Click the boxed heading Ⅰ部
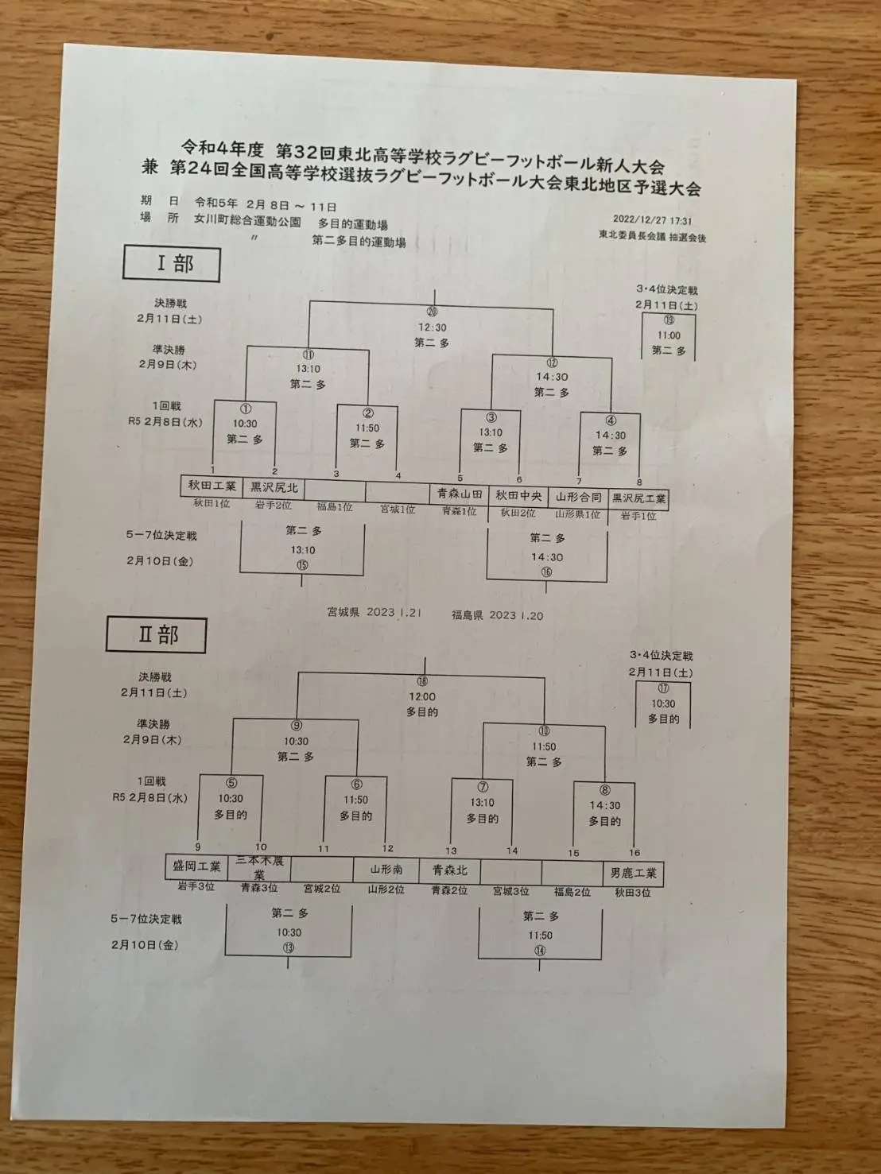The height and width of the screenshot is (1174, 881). coord(171,263)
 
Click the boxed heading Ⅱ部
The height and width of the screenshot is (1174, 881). coord(157,635)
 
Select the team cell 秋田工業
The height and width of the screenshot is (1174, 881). coord(212,486)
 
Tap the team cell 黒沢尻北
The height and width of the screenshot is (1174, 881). coord(274,487)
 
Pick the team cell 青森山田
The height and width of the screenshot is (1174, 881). coord(459,494)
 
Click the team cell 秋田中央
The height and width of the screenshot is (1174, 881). coord(518,496)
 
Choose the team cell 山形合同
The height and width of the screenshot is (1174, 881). coord(578,498)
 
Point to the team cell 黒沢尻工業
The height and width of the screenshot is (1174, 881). coord(638,499)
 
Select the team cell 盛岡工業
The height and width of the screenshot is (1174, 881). coord(196,866)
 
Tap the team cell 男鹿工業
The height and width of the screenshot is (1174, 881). coord(633,874)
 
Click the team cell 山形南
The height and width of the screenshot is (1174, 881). coord(386,870)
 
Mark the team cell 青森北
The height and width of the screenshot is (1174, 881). coord(449,870)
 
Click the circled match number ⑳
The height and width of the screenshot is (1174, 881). coord(432,312)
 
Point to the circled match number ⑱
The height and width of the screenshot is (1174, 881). coord(422,681)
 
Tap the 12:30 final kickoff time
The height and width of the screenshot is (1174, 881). coord(432,327)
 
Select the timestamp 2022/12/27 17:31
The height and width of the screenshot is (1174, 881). coord(652,221)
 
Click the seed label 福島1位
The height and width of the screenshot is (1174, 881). coord(334,507)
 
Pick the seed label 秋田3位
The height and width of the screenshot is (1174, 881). coord(632,893)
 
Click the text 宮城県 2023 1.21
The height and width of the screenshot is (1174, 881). coord(374,613)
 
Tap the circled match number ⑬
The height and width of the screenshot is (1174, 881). coord(288,947)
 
